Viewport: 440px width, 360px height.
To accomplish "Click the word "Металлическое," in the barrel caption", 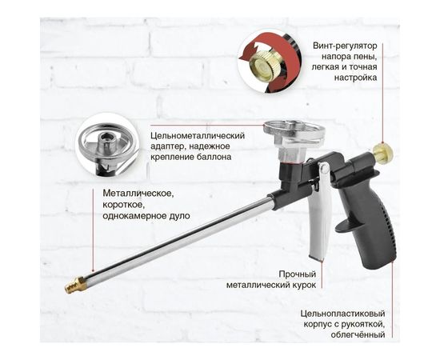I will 137,193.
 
